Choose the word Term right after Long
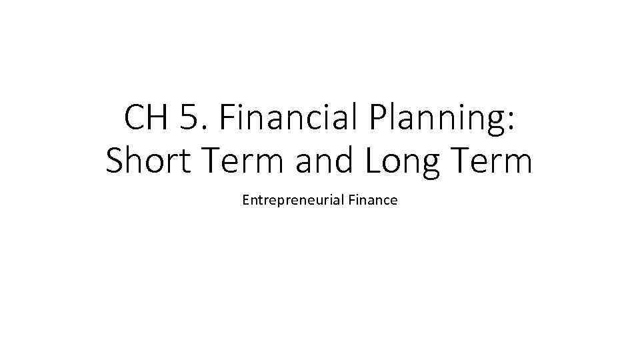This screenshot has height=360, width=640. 494,161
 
